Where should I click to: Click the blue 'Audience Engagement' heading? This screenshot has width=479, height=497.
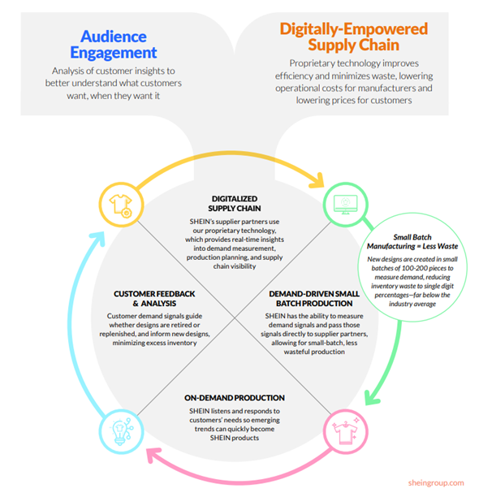point(114,45)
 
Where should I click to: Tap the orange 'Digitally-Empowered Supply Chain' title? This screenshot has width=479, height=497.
point(353,37)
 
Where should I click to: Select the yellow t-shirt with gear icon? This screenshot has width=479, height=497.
point(121,205)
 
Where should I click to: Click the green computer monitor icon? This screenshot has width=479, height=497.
point(345,205)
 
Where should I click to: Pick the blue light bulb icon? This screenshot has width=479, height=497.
point(121,432)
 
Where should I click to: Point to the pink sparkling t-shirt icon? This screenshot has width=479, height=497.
point(345,431)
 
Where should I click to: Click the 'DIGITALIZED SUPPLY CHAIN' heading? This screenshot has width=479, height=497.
point(235,204)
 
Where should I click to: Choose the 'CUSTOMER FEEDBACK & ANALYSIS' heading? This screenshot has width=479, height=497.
point(154,299)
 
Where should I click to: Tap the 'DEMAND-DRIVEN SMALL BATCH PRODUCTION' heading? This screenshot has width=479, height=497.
point(314,299)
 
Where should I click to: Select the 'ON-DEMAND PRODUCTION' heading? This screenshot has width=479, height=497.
point(235,398)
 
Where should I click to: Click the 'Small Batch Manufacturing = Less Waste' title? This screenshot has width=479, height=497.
point(412,241)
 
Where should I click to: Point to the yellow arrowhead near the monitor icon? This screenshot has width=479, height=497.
point(318,181)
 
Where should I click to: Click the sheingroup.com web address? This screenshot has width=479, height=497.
point(436,482)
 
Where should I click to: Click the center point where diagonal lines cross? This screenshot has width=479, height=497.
point(235,318)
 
